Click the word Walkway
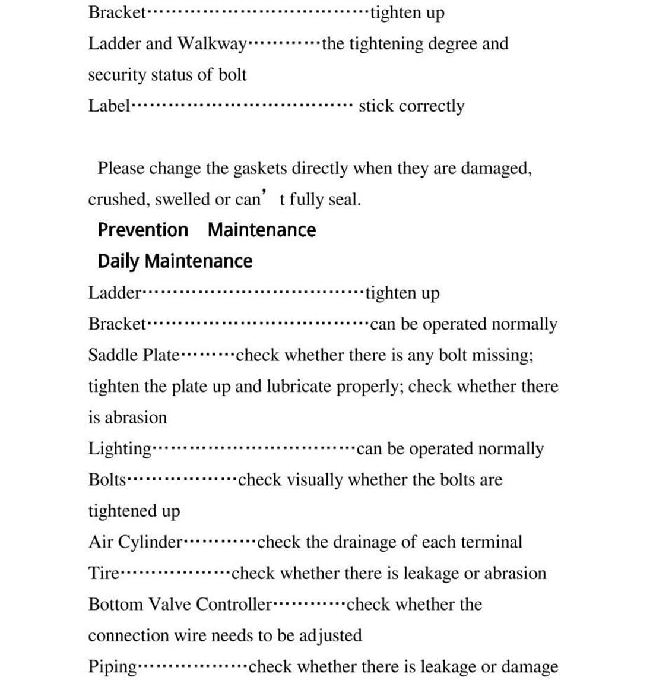pyautogui.click(x=211, y=44)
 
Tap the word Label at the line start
pyautogui.click(x=109, y=106)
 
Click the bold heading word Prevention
pyautogui.click(x=142, y=230)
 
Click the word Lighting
pyautogui.click(x=120, y=449)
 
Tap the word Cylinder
pyautogui.click(x=151, y=542)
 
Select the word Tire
pyautogui.click(x=104, y=574)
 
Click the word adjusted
pyautogui.click(x=329, y=635)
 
